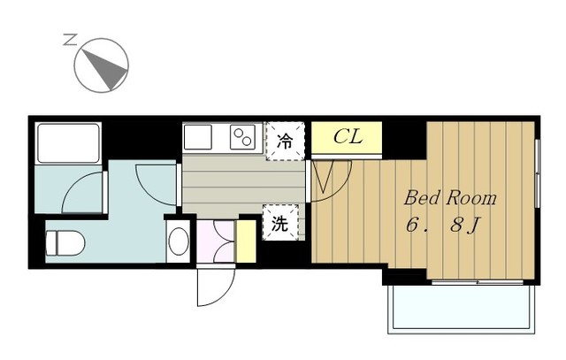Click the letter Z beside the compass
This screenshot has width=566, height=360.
pos(70,40)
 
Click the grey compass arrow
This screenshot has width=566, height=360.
pos(103,65)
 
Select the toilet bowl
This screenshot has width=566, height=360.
pos(65,240)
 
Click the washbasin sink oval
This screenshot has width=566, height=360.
pos(179,241)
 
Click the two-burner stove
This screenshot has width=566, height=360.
pos(242,137)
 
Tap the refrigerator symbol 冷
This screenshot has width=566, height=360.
pos(285,141)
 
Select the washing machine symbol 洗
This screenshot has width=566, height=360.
pos(279,224)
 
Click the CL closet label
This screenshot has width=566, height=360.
pos(347,137)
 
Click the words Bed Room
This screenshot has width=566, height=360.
pos(450,197)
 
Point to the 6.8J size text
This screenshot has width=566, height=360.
pos(443,226)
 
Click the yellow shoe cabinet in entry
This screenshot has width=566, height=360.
pos(246,241)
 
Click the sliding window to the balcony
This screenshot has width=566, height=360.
pos(478,282)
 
